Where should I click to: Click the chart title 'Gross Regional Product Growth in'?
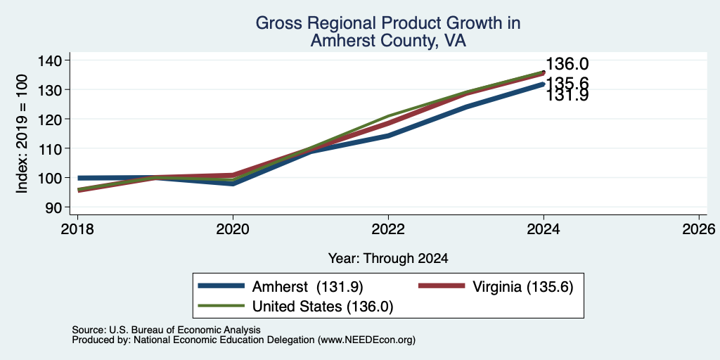[388, 23]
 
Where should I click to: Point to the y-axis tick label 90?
[53, 207]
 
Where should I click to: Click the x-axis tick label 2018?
[77, 229]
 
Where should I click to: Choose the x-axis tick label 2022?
[388, 229]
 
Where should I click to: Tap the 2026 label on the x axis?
[700, 229]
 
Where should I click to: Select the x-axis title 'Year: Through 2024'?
[388, 259]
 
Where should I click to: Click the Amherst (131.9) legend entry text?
[308, 287]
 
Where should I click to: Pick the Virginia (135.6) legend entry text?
[522, 287]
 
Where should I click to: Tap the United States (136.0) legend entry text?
[323, 307]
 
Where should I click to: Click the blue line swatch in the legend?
[221, 286]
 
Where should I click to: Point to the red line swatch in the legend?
[442, 286]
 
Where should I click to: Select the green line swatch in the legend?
[221, 306]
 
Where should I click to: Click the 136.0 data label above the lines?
[567, 64]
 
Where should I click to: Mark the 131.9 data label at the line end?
[567, 96]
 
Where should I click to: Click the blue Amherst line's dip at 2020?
[233, 184]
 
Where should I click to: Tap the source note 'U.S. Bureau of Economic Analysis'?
[185, 330]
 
